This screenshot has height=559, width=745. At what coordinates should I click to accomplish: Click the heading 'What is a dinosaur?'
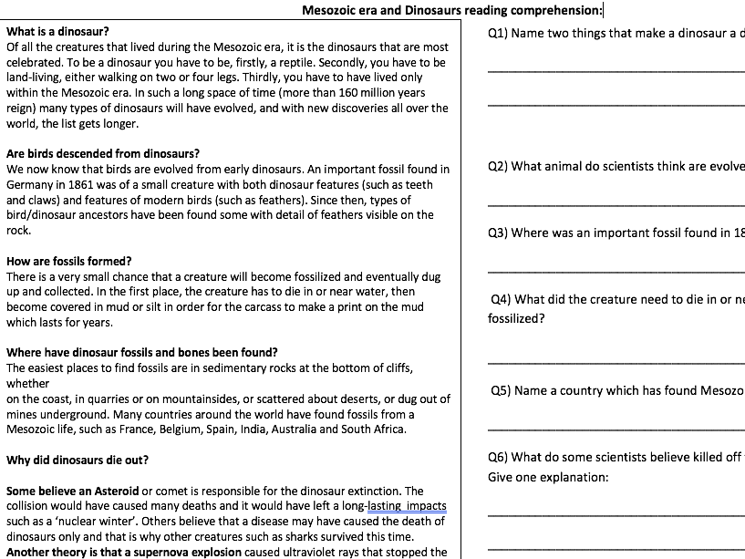[x=57, y=32]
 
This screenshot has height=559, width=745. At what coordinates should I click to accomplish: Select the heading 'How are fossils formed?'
[x=68, y=261]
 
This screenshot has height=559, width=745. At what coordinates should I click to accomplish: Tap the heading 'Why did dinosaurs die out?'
[x=78, y=460]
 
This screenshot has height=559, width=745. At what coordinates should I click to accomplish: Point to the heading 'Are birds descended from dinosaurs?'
[x=103, y=153]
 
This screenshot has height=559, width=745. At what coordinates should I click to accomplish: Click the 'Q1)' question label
[x=498, y=34]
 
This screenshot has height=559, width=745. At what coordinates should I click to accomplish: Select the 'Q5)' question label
[x=501, y=390]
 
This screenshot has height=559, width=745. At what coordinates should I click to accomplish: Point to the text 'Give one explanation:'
[x=547, y=477]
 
